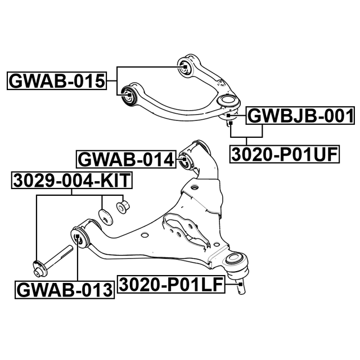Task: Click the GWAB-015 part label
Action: point(57,81)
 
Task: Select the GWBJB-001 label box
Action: point(300,116)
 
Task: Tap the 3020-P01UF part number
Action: point(285,154)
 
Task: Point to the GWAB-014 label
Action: point(126,160)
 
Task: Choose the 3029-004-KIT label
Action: point(72,181)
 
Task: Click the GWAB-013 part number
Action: point(65,290)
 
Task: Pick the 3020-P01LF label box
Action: point(171,285)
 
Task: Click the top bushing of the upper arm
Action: point(184,66)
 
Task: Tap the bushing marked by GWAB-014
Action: point(186,161)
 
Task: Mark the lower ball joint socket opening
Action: point(235,258)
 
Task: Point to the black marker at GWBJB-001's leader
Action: point(228,115)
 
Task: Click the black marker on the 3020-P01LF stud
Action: point(241,285)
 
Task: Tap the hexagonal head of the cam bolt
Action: point(39,269)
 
